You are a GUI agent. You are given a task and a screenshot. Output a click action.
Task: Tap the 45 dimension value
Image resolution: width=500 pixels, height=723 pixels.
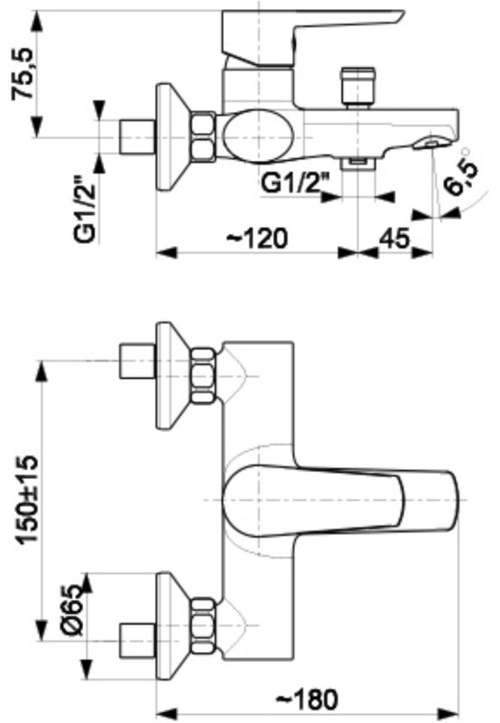tap(394, 239)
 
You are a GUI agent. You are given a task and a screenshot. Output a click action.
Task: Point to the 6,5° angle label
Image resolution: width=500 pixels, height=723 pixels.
tap(464, 176)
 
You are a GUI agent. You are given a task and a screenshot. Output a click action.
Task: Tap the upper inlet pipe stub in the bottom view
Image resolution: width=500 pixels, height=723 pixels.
tap(137, 362)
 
